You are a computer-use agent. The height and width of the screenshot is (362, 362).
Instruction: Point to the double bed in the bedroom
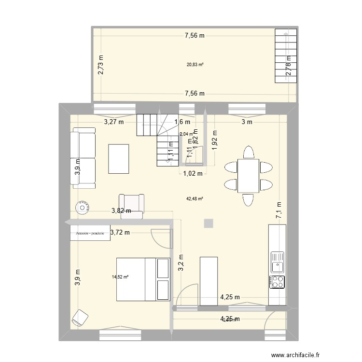pos(143,279)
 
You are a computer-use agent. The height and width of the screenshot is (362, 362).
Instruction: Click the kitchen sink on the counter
pos(278,262)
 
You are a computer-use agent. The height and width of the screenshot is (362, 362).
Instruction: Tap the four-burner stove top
pos(278,282)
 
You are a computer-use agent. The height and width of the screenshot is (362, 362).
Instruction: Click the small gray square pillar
pos(209,223)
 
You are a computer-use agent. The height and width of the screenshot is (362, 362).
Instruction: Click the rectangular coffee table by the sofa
pos(119,158)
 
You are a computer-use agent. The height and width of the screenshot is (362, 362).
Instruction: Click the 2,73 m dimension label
pos(101,65)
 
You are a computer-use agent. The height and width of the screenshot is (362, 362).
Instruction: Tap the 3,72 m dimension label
pos(120,233)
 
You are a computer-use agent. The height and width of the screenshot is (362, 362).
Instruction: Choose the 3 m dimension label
pos(247,122)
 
